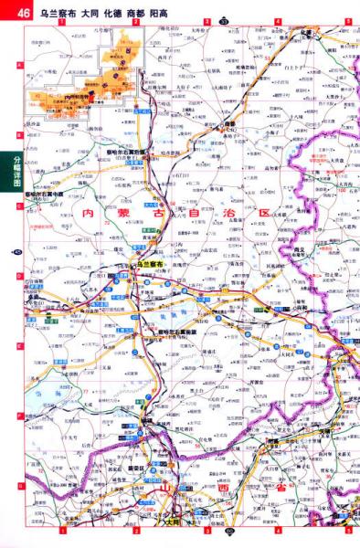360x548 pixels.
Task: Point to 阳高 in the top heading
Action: [161, 9]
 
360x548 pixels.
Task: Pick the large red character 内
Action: [88, 213]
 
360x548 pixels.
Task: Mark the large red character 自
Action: [194, 213]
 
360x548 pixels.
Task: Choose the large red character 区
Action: [264, 213]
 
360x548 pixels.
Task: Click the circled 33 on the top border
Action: [222, 19]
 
